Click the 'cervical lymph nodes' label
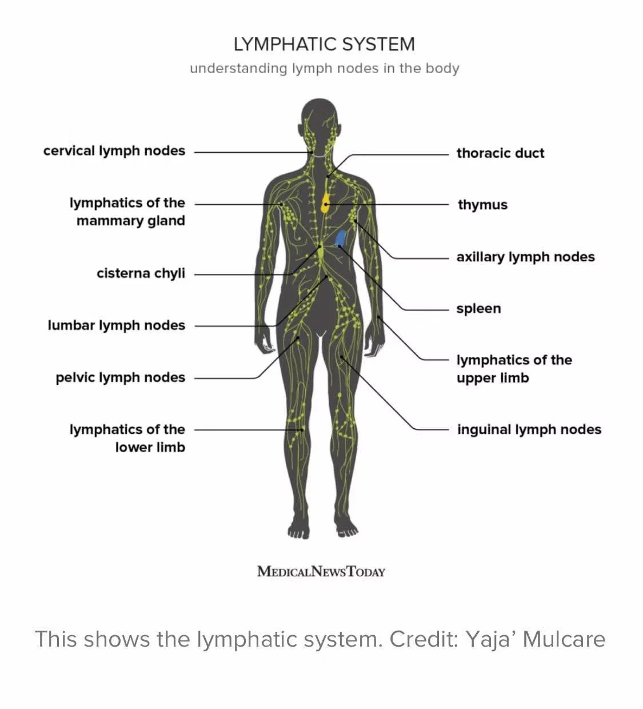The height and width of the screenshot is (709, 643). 114,151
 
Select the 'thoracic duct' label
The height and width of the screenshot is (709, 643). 500,153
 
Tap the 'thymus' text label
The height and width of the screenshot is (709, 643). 482,205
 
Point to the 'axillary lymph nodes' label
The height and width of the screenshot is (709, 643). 525,257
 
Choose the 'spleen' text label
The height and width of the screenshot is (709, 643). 478,309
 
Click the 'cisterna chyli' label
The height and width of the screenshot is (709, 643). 141,273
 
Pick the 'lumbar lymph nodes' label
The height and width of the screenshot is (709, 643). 117,325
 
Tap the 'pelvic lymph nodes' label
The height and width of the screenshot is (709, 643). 121,377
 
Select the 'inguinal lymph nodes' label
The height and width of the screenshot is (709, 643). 529,429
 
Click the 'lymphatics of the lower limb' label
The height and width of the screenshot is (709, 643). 127,438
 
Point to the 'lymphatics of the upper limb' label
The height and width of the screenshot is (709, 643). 514,369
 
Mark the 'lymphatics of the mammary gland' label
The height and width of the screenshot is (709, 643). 127,212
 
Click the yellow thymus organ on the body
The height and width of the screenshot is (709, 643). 325,204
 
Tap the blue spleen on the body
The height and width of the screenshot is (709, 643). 341,237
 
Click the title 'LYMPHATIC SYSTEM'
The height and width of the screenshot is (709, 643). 324,44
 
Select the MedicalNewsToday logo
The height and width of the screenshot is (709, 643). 321,571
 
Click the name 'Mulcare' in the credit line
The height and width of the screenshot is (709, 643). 564,639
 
